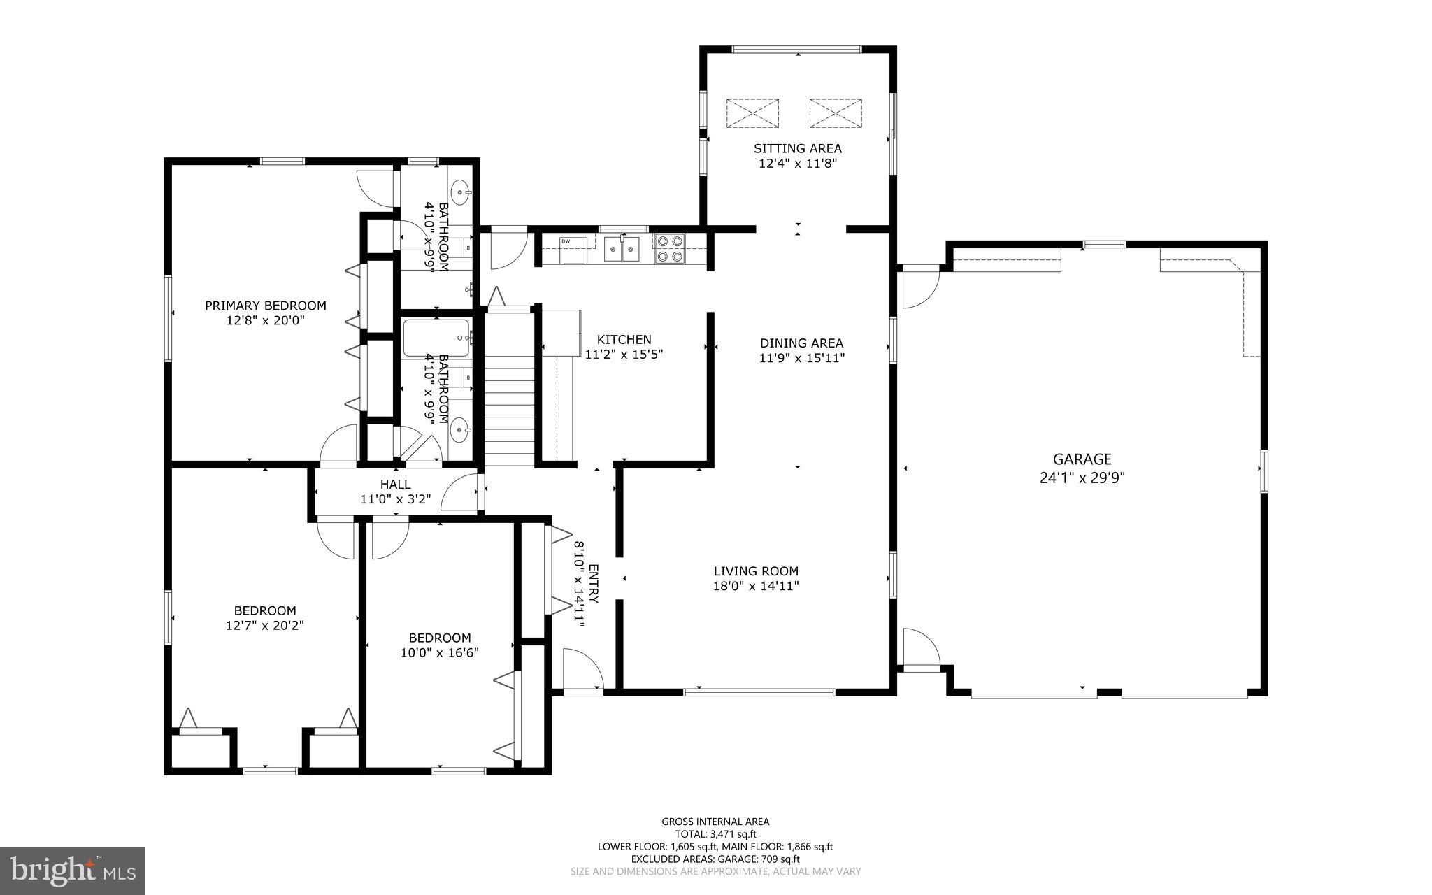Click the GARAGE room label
point(1082,459)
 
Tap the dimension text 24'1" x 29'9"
point(1082,478)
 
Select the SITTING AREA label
point(797,148)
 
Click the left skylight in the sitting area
point(752,113)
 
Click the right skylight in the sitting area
point(836,113)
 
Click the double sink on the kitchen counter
point(622,249)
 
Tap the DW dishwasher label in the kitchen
point(565,241)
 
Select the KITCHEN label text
point(624,340)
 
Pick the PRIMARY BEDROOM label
point(265,306)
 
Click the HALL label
point(395,485)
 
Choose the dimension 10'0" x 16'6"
point(440,653)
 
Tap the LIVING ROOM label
point(756,571)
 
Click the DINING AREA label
point(801,343)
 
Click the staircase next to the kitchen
point(510,392)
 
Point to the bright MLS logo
point(73,871)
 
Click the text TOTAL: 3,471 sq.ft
point(715,834)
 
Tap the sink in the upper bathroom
point(461,189)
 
